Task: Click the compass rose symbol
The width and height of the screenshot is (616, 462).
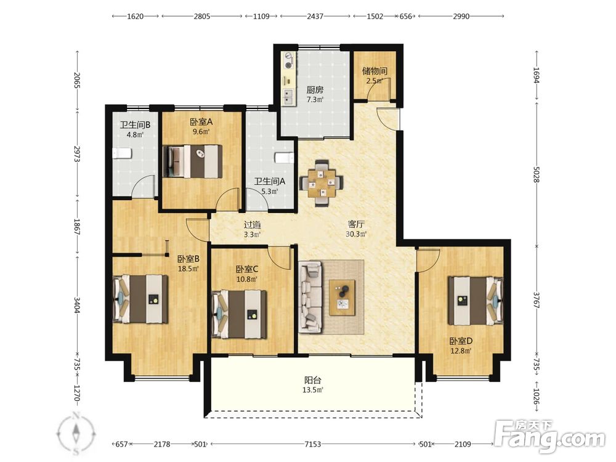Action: click(x=76, y=432)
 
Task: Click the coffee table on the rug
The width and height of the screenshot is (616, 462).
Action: click(x=342, y=298)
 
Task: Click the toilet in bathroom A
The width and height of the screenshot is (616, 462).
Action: click(x=285, y=158)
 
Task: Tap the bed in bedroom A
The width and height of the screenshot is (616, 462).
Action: click(x=192, y=161)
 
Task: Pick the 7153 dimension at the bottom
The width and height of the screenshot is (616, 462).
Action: click(x=313, y=444)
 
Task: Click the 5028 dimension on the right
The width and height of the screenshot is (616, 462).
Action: click(x=537, y=174)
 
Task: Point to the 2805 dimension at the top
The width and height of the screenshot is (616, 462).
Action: click(x=202, y=17)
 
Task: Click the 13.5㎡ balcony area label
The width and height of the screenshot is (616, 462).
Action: click(x=313, y=390)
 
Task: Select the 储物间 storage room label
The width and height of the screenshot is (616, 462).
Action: click(x=375, y=71)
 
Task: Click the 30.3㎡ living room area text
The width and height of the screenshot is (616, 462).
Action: click(x=356, y=235)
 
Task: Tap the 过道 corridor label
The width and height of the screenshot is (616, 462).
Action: click(x=252, y=225)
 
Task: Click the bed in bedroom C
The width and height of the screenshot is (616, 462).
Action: click(x=239, y=314)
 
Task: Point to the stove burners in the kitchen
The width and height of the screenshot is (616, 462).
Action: click(x=289, y=61)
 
